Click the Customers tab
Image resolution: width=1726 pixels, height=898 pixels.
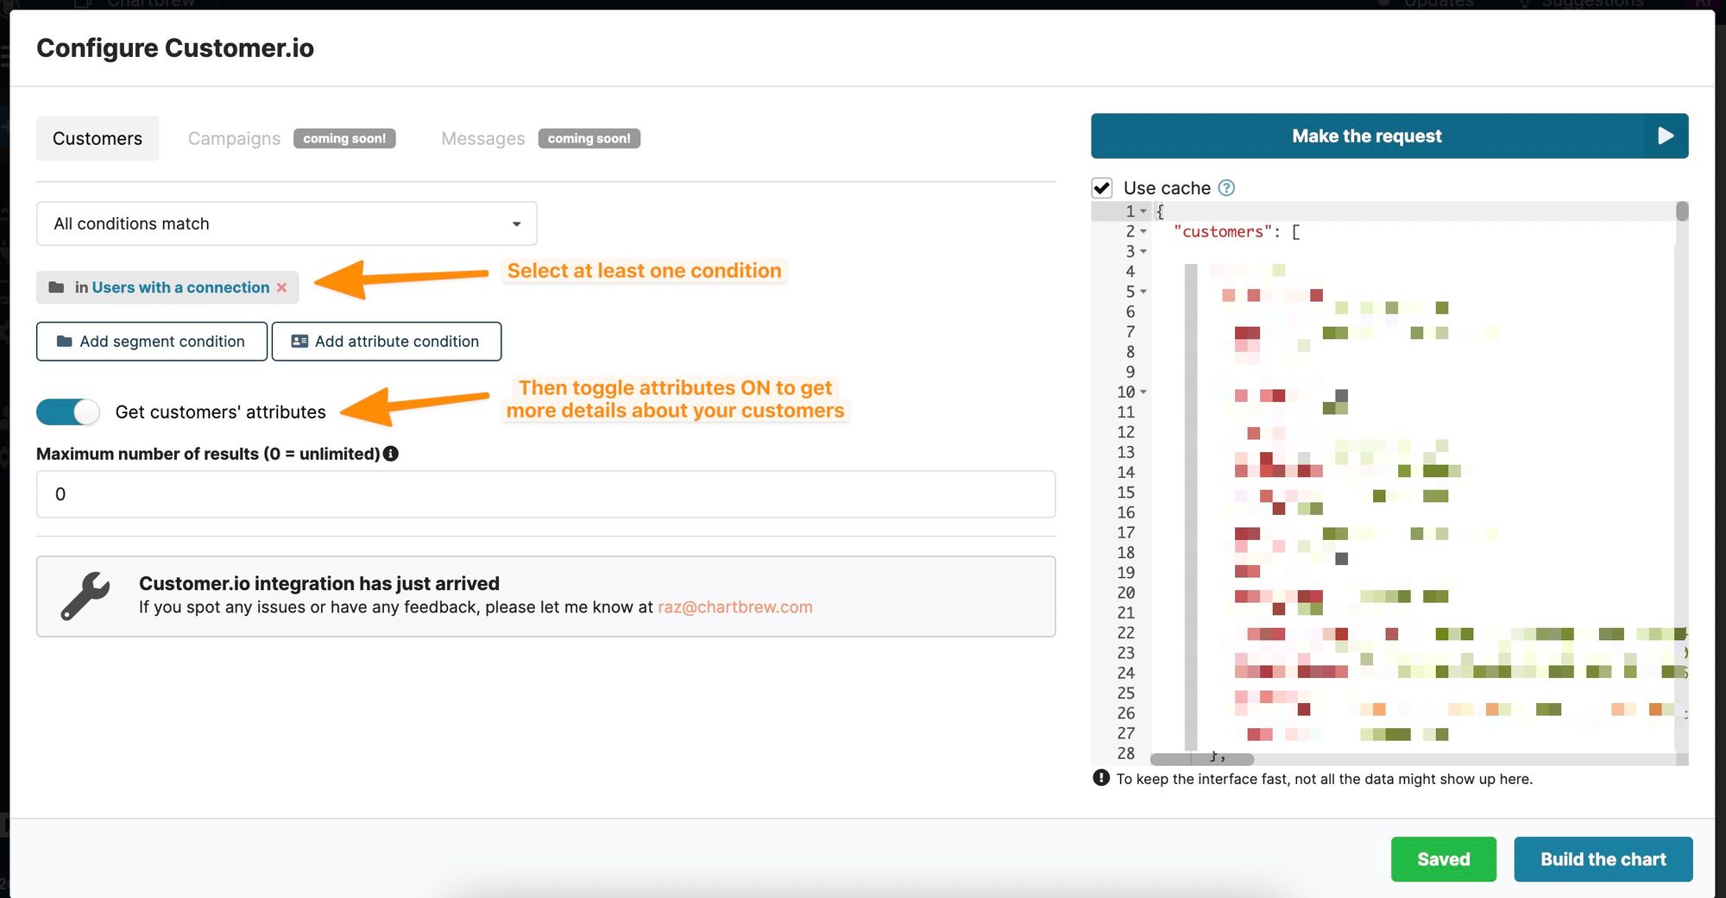click(98, 138)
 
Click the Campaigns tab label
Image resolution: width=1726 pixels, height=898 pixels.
click(234, 138)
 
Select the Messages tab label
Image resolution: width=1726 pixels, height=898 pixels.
click(482, 138)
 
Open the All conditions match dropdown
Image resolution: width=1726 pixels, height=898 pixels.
click(287, 223)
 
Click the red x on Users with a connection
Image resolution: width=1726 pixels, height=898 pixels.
click(281, 287)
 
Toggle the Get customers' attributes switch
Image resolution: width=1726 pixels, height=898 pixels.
click(68, 412)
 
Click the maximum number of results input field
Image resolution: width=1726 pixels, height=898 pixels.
click(545, 494)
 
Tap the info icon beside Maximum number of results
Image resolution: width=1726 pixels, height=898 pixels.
click(391, 454)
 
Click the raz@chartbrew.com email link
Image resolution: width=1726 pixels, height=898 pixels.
click(734, 607)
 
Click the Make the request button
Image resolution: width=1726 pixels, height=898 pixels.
click(1389, 136)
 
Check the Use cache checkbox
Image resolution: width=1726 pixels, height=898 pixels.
click(1102, 188)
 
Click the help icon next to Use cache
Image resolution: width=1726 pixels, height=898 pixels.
click(1226, 188)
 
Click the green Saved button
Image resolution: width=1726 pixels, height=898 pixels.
click(1443, 859)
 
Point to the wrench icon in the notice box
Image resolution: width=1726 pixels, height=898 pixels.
click(85, 596)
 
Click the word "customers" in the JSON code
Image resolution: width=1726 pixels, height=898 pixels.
click(1223, 232)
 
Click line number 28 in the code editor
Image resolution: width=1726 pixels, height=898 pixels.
click(1125, 754)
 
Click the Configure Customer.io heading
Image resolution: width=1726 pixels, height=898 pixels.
click(175, 48)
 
